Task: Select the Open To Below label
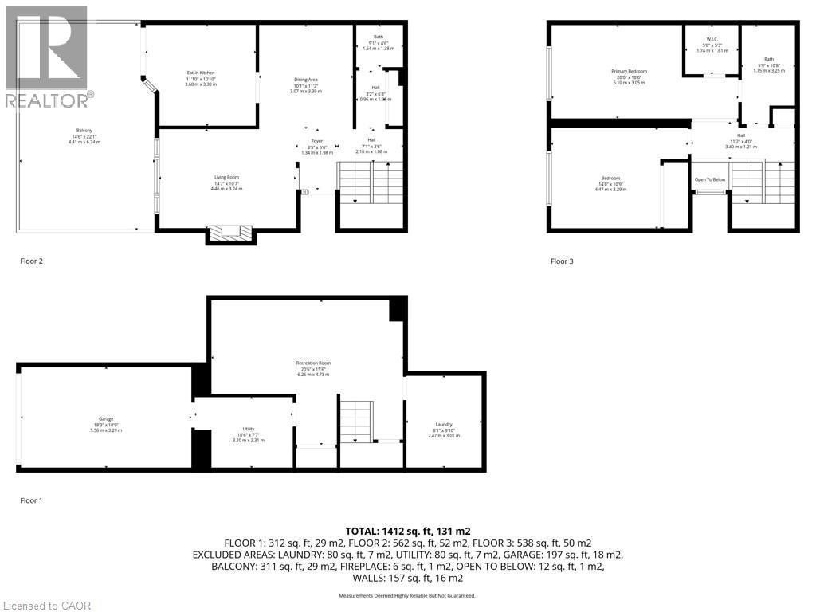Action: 710,179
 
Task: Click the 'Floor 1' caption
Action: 30,500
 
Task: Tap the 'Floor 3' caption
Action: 562,261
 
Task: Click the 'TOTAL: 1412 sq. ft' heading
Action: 406,530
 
